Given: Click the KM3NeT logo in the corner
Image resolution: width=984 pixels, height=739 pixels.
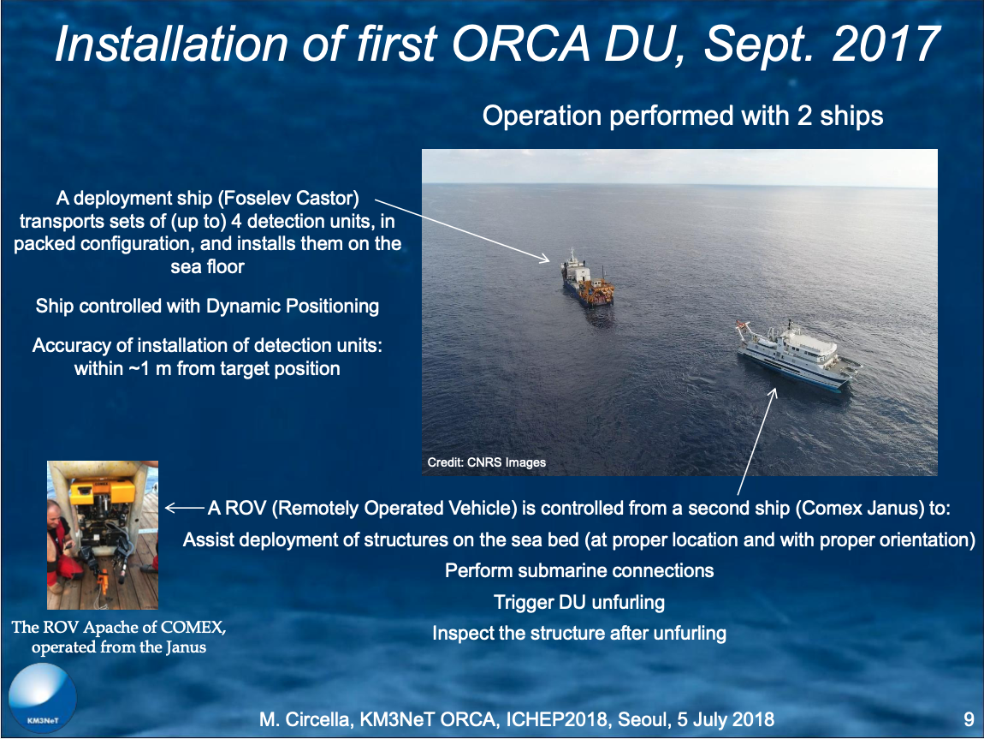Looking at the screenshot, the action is point(43,699).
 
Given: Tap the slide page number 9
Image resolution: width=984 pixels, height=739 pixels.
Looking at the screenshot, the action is point(969,719).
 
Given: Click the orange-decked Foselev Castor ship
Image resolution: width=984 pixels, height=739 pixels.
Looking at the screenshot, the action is point(587,278).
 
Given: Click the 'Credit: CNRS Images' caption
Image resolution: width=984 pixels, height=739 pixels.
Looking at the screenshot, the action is point(486,462).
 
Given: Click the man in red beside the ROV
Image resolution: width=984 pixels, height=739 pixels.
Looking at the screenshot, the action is point(62,546).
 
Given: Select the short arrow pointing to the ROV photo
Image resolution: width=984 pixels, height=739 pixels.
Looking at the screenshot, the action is point(185,507).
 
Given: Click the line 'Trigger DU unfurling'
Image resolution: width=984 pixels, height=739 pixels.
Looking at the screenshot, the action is point(578,602).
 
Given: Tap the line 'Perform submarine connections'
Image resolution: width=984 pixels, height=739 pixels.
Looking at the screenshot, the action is point(579,570).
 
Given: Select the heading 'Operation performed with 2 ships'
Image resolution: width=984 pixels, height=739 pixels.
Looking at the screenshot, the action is point(683,116).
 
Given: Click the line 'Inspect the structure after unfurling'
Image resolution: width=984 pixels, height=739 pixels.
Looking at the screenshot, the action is point(579,634).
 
